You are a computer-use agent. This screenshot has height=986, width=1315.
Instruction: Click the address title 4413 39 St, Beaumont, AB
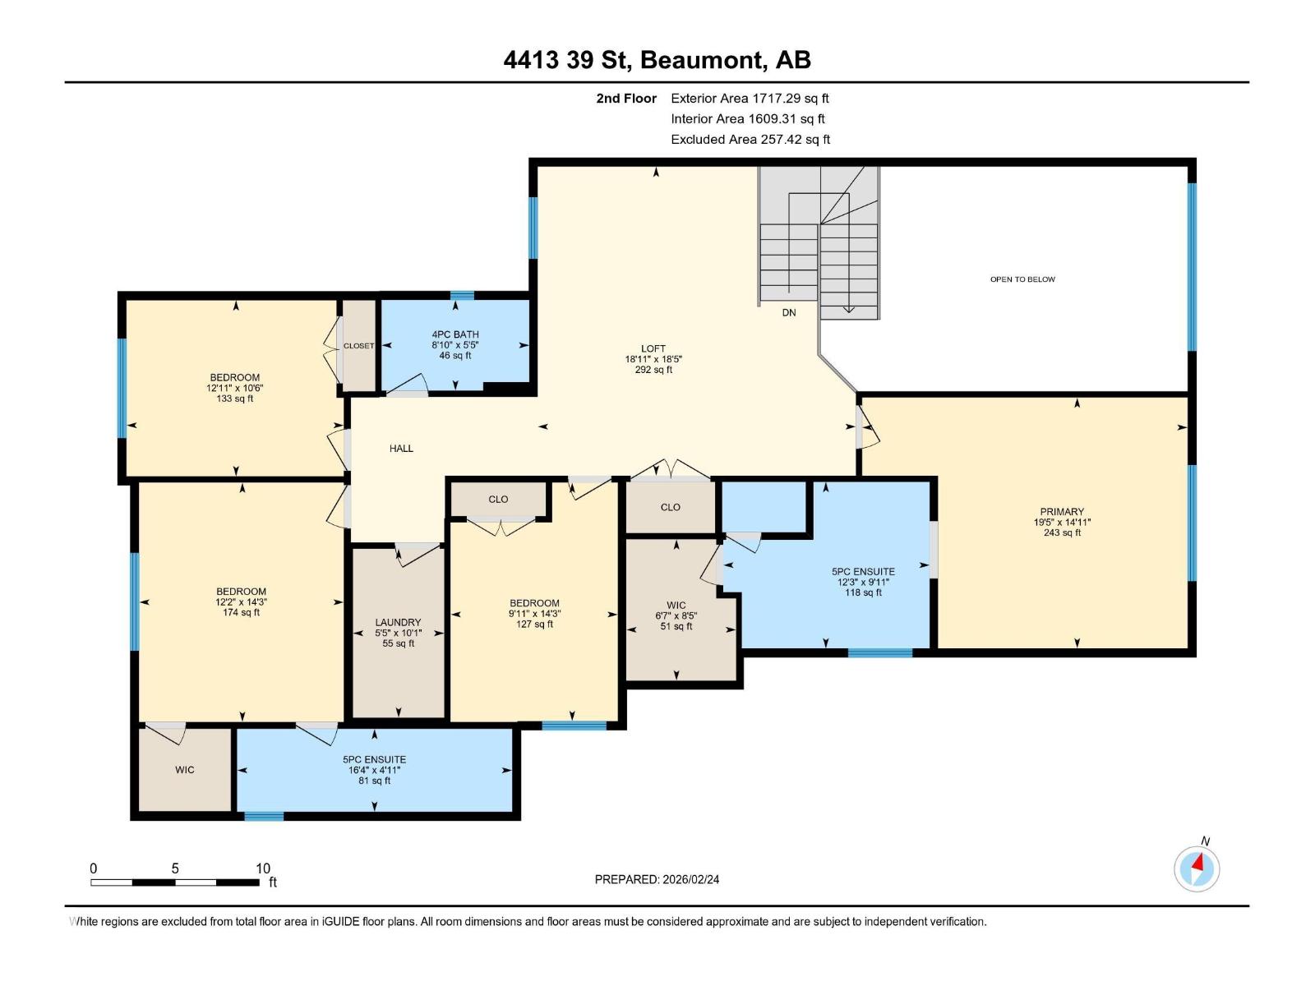point(657,60)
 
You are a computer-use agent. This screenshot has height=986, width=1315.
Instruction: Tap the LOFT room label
point(653,348)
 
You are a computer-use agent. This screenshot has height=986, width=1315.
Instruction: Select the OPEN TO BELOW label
point(1022,279)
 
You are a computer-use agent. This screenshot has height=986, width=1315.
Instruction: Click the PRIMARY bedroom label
point(1062,511)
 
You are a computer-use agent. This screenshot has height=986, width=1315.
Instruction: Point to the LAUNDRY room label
point(398,623)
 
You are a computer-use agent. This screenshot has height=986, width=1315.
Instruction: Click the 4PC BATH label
point(455,334)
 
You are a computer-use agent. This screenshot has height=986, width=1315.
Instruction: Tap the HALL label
point(401,449)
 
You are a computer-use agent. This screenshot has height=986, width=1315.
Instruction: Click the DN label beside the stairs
point(789,313)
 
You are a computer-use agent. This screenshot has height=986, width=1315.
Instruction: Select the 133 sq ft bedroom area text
point(235,399)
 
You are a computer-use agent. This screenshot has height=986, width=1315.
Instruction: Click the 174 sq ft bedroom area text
point(241,613)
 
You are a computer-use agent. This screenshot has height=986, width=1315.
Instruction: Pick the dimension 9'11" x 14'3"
point(534,614)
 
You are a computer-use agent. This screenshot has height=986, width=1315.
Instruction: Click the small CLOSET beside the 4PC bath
point(358,346)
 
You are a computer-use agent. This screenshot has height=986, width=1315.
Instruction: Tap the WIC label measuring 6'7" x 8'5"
point(676,605)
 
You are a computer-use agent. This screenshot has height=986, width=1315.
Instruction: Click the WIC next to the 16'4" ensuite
point(185,770)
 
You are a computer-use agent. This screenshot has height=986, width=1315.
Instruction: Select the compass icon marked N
point(1197,868)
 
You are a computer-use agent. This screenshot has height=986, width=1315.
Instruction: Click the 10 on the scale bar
point(263,869)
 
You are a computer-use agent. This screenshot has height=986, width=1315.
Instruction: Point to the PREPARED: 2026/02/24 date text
point(657,879)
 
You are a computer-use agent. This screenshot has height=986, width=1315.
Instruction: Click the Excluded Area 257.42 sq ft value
point(750,140)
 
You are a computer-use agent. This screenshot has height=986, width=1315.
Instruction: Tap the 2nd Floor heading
point(626,99)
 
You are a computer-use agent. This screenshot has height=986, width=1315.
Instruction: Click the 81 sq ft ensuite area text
point(375,781)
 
